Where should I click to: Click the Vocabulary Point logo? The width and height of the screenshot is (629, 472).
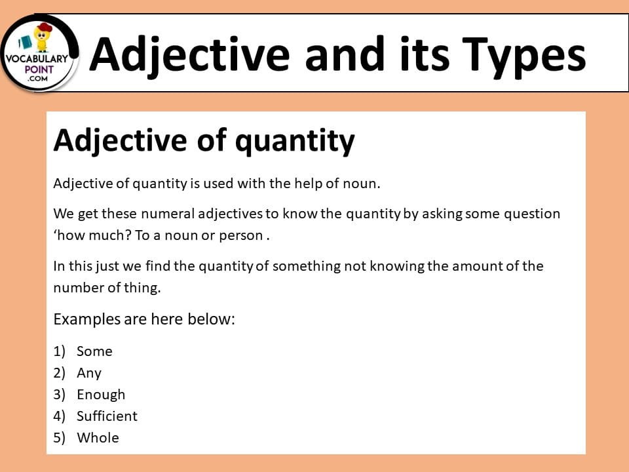[x=39, y=52]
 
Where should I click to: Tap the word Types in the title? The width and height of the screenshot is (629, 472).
[x=524, y=56]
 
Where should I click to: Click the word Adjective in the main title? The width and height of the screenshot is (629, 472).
[x=189, y=55]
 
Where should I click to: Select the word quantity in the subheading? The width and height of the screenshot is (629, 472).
[x=295, y=142]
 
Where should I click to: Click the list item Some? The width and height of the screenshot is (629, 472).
[x=94, y=351]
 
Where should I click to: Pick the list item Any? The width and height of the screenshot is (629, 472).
[x=89, y=373]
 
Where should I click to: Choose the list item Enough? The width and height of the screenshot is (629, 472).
[x=101, y=395]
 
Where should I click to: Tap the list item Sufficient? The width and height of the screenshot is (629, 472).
[x=107, y=416]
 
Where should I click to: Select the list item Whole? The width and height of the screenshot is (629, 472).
[x=98, y=438]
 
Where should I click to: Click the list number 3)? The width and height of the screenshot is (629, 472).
[x=60, y=395]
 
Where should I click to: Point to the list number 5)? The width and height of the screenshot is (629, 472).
[x=60, y=438]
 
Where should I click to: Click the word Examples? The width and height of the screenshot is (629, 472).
[x=87, y=319]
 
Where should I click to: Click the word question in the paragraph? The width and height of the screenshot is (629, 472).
[x=532, y=214]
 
